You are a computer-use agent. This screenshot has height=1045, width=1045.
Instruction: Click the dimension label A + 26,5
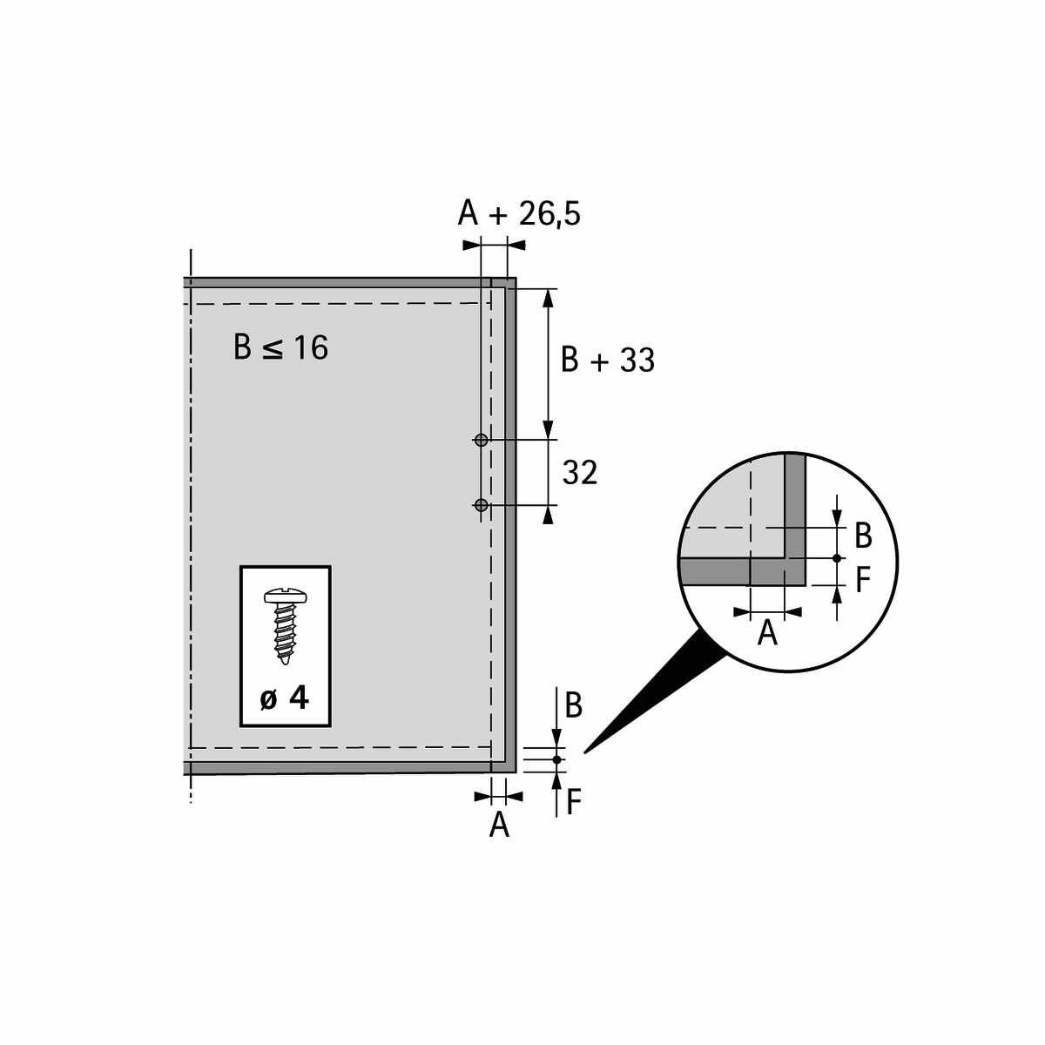coord(519,213)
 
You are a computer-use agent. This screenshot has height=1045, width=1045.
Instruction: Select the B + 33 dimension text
coord(607,360)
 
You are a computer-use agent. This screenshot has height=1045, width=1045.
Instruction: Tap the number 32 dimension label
coord(580,472)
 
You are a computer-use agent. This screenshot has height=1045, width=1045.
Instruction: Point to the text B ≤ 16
coord(280,347)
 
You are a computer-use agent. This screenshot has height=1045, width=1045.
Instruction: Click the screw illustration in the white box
coord(286,627)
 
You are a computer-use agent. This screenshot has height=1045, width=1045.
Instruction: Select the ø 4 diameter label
coord(284,699)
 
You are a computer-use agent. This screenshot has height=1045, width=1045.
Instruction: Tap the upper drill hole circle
coord(481,440)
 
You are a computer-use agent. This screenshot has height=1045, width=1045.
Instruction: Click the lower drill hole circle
coord(481,505)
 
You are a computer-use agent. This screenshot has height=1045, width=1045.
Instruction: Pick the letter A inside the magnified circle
coord(767,633)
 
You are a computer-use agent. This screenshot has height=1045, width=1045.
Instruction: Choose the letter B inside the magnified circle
coord(863,536)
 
